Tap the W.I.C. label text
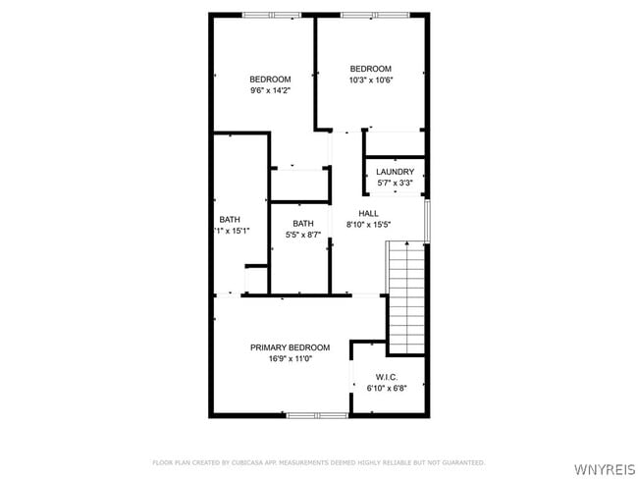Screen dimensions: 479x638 coord(386,377)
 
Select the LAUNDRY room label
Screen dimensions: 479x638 coord(395,172)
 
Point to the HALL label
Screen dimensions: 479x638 coord(368,213)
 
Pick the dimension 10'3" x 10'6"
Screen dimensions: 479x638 coord(371,80)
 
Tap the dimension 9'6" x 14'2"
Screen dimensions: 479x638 coord(270,90)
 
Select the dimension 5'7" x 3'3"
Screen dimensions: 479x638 coord(395,183)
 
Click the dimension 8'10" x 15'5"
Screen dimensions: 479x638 coord(368,225)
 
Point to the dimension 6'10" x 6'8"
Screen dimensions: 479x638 coord(386,389)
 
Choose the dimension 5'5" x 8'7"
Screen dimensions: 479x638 coord(303,235)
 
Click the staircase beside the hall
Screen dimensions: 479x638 coord(407,298)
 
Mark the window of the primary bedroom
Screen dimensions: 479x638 coord(317,415)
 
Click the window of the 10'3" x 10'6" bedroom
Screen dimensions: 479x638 coord(371,15)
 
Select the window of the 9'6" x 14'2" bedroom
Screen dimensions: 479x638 coord(272,15)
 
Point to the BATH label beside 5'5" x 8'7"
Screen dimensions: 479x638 coord(303,223)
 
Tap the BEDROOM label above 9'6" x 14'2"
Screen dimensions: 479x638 coord(270,80)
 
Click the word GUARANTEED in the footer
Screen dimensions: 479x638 coord(462,462)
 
